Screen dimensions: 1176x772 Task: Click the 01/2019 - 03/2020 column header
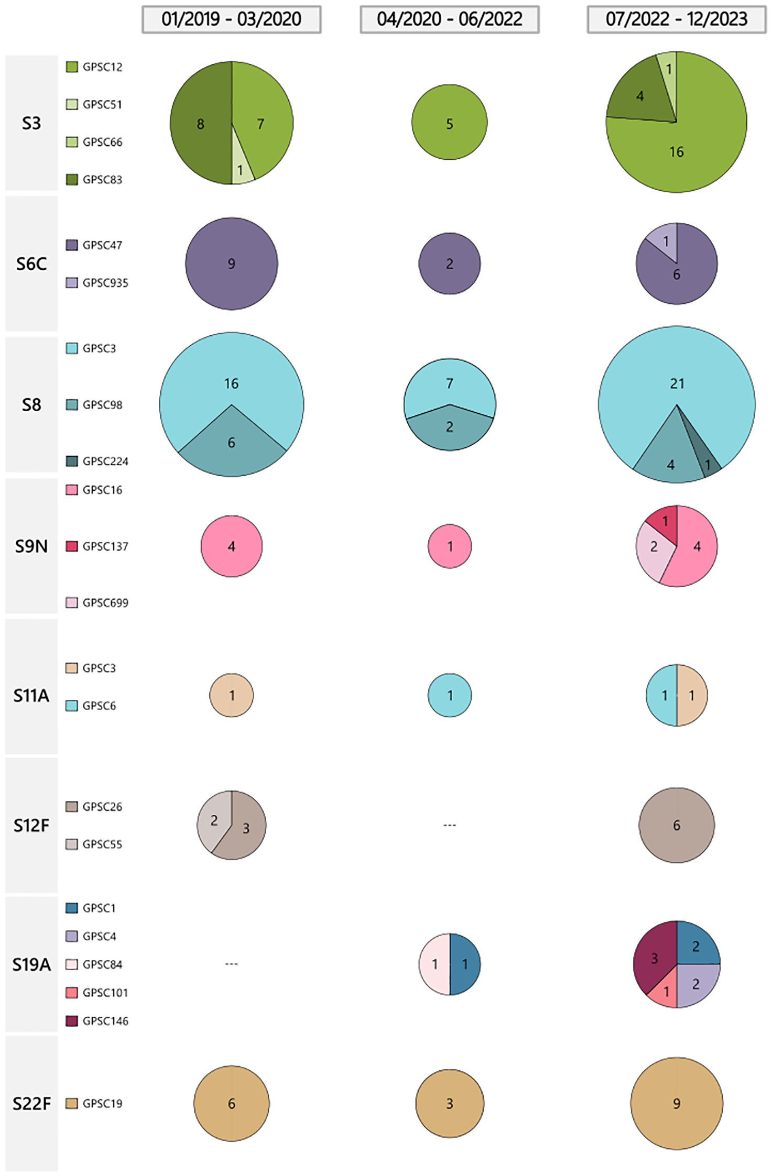[231, 19]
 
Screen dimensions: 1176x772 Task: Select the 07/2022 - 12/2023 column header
[676, 19]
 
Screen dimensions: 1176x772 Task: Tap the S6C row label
[31, 263]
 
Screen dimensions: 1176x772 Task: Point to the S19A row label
[31, 964]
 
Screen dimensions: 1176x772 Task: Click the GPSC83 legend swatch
[72, 180]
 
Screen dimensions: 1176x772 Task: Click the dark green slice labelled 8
[200, 124]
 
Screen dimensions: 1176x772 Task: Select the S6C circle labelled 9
[231, 263]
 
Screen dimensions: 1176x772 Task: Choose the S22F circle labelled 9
[677, 1104]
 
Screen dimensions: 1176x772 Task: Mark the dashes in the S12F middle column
[449, 825]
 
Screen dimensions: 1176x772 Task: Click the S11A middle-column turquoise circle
[449, 695]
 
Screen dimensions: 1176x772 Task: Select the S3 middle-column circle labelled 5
[449, 124]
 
